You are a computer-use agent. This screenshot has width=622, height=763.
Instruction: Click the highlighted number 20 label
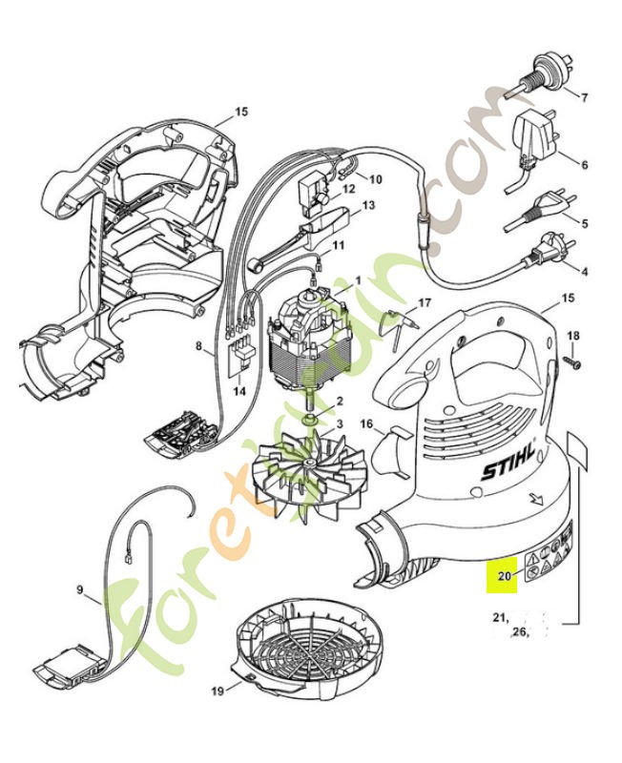504,575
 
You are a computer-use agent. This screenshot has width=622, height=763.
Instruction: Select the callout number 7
584,96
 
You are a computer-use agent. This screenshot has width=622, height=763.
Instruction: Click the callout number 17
425,302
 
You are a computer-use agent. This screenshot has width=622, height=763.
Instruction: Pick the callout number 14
239,391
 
